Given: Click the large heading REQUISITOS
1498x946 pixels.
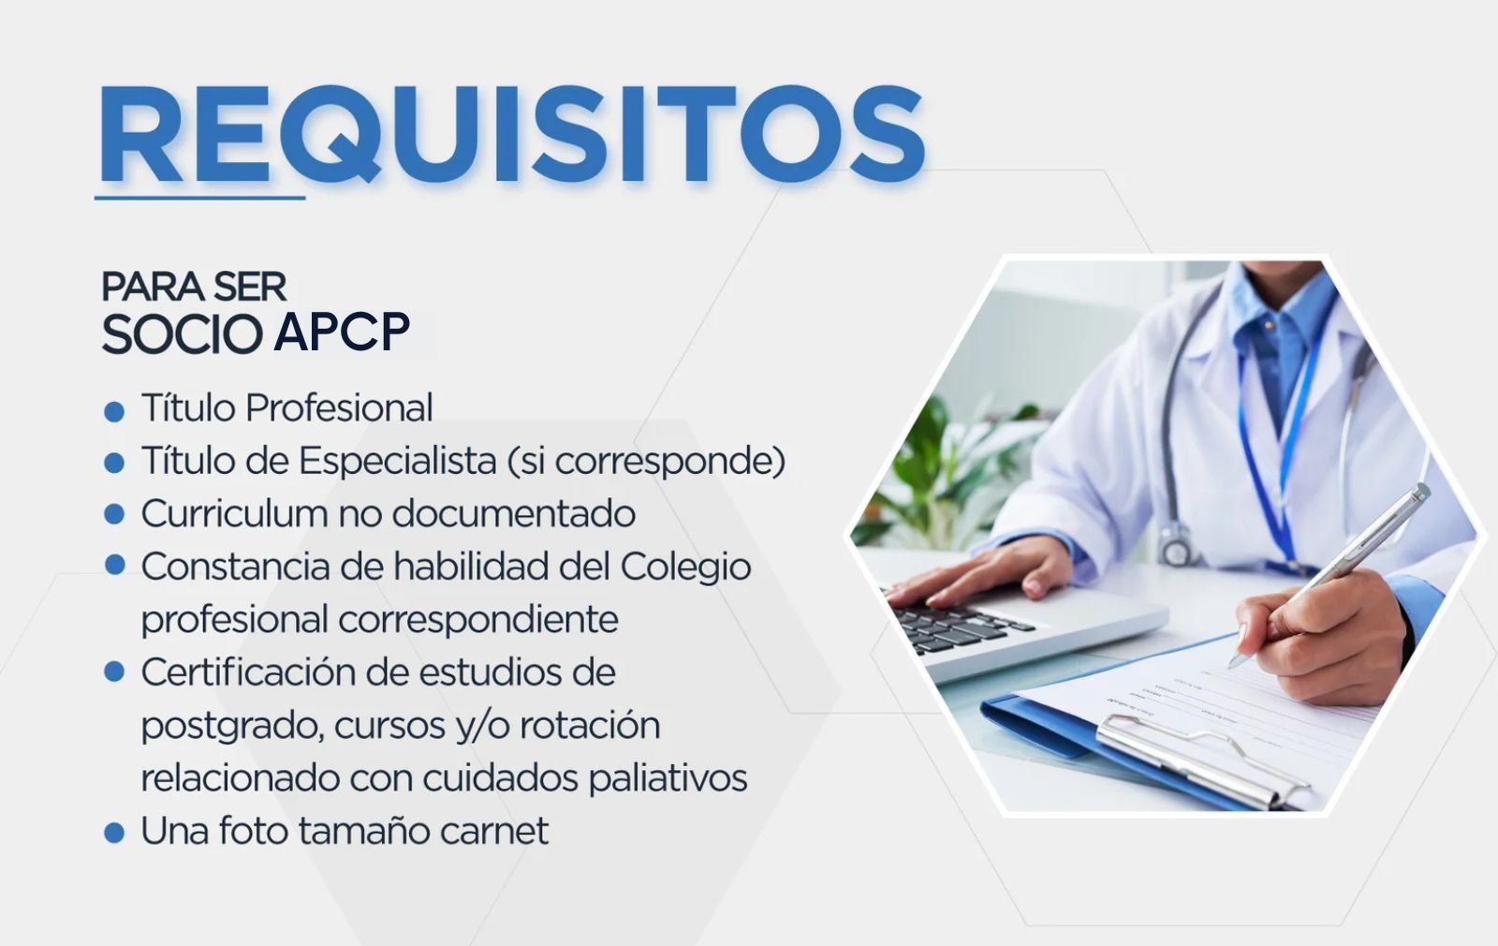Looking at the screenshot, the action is click(x=512, y=134).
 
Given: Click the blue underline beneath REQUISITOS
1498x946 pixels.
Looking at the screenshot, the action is click(x=200, y=198).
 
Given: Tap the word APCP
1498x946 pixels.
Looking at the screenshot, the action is click(x=342, y=332).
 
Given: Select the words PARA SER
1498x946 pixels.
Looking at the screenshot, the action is click(x=194, y=287).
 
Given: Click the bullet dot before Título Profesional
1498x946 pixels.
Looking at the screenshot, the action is click(x=114, y=411).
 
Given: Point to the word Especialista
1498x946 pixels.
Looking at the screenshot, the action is click(x=397, y=462).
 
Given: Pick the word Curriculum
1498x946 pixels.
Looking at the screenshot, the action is click(x=234, y=514).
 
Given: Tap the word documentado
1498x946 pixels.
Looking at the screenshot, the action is click(x=514, y=514).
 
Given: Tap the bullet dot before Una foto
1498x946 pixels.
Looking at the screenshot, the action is click(x=114, y=833).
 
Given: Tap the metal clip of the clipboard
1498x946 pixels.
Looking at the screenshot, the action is click(x=1203, y=760).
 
